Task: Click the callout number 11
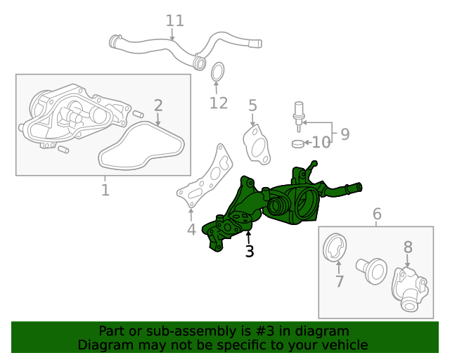(175, 20)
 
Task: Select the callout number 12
(219, 103)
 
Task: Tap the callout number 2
(158, 105)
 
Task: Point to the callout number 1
(105, 190)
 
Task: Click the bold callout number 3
(249, 251)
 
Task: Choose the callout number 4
(191, 229)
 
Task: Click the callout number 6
(377, 213)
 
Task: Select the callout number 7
(339, 282)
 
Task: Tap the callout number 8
(408, 247)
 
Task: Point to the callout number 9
(345, 134)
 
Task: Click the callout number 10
(321, 143)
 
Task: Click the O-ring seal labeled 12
(218, 72)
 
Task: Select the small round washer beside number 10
(297, 144)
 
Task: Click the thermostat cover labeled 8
(410, 288)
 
